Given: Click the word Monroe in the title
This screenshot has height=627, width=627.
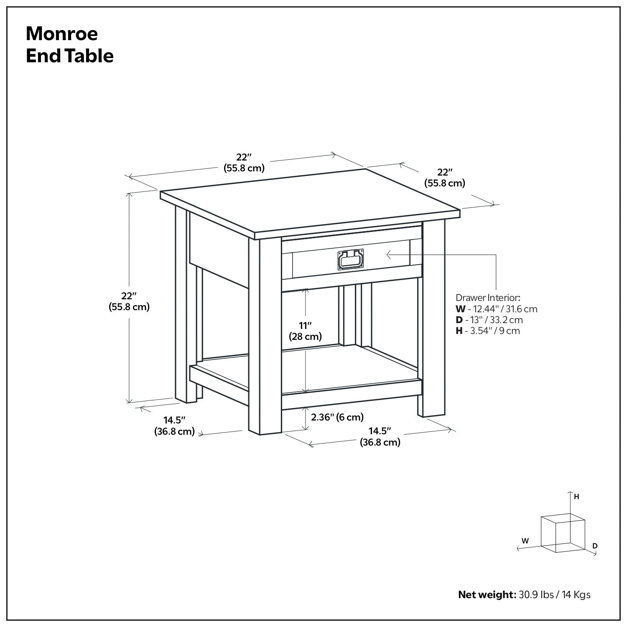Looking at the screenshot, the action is click(x=62, y=33).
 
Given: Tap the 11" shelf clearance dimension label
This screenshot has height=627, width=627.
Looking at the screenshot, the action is click(x=306, y=331).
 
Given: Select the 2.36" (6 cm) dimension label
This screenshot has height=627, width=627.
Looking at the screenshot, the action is click(x=337, y=417).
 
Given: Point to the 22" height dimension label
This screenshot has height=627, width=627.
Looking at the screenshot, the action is click(x=129, y=301).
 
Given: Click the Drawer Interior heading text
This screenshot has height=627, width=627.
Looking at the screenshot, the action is click(x=488, y=298).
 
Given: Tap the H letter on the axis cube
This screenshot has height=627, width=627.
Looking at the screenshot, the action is click(x=576, y=497).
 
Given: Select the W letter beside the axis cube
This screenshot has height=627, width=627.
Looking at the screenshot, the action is click(x=525, y=540).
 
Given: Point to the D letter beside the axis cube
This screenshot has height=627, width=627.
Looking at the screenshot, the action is click(x=595, y=545).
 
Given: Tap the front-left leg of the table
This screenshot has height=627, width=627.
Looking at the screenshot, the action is click(x=265, y=336).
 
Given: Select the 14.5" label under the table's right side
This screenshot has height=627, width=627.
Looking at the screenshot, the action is click(x=380, y=437).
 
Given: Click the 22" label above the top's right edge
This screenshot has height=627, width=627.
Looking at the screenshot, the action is click(x=445, y=178).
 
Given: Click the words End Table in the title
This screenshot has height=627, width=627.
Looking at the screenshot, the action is click(x=69, y=56).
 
